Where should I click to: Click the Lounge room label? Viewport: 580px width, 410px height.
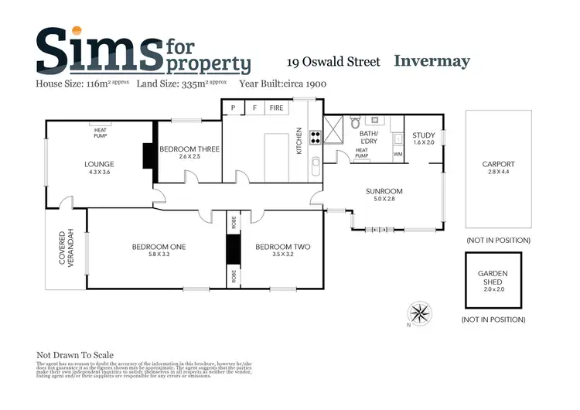tap(100, 164)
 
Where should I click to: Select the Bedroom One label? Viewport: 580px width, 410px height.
tap(151, 248)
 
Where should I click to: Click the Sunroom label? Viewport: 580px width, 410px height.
tap(385, 191)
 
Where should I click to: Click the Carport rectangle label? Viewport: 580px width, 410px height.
tap(498, 164)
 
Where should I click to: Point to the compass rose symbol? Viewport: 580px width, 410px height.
tap(420, 313)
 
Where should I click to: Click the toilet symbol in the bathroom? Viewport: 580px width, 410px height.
tap(354, 122)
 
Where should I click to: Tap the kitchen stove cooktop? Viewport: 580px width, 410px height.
tap(316, 139)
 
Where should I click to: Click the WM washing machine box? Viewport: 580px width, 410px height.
tap(398, 154)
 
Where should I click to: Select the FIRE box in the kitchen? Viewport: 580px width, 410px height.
tap(276, 109)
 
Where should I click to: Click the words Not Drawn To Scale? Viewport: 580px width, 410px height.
tap(71, 350)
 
